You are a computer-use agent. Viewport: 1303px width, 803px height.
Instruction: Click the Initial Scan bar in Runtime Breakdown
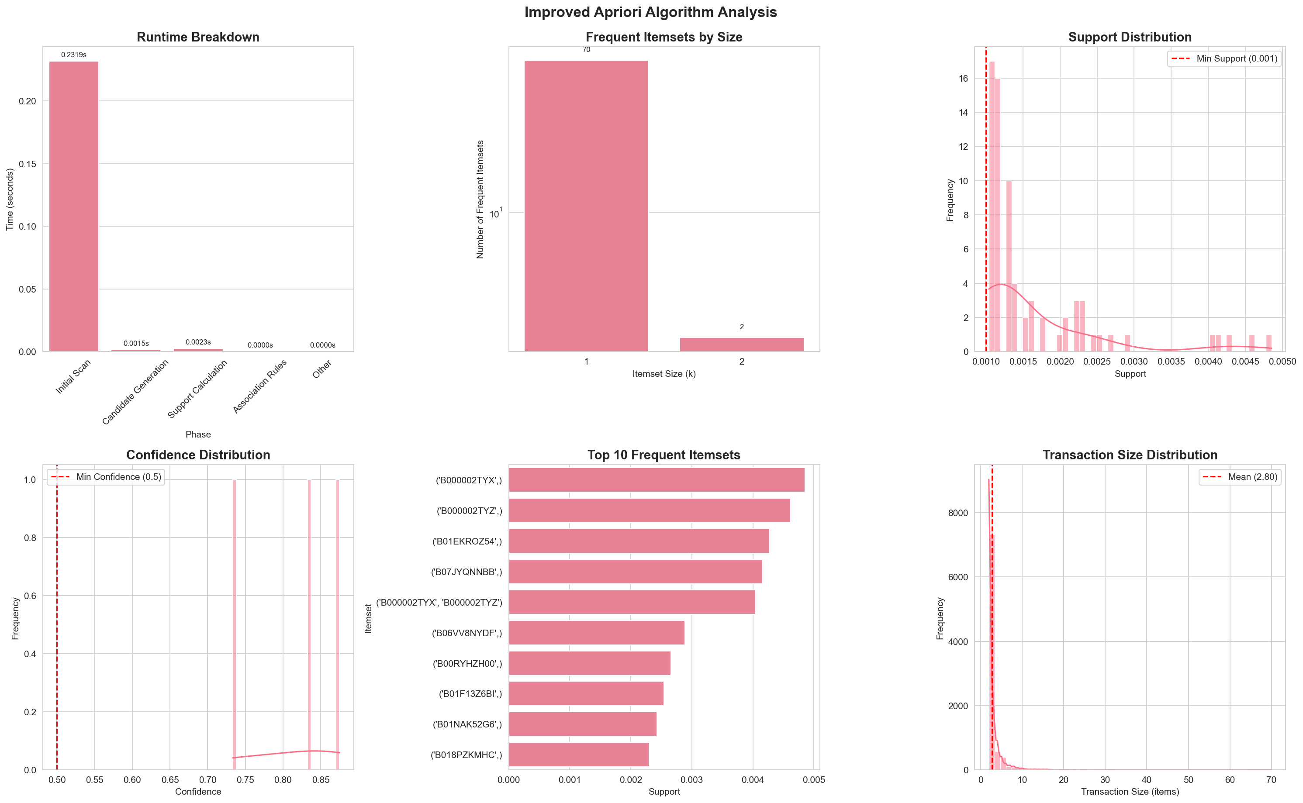tap(73, 207)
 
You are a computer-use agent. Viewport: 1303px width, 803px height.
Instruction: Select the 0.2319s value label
tap(73, 55)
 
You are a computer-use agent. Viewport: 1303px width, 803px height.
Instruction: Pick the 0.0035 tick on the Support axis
tap(1171, 362)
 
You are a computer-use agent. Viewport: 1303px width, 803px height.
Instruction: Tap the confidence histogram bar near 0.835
tap(309, 624)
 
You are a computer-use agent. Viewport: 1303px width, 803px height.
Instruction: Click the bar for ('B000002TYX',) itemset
tap(656, 480)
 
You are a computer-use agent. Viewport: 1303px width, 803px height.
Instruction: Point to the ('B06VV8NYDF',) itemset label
tap(467, 633)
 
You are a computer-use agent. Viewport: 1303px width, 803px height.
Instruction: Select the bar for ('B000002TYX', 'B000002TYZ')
tap(632, 602)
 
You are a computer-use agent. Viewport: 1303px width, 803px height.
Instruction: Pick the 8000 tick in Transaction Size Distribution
tap(958, 513)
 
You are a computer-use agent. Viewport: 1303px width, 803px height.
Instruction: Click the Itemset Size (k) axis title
tap(664, 374)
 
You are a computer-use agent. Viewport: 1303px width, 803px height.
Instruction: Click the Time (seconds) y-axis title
tap(10, 199)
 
